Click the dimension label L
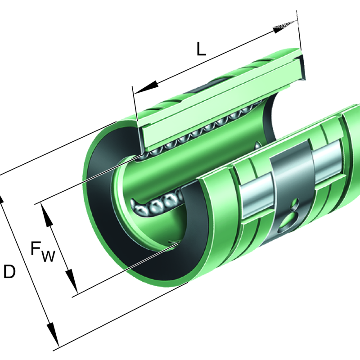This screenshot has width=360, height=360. tap(201, 49)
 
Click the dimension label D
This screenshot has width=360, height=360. tap(9, 271)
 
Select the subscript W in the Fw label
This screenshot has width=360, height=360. tap(49, 256)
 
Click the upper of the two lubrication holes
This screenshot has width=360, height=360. tap(295, 204)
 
